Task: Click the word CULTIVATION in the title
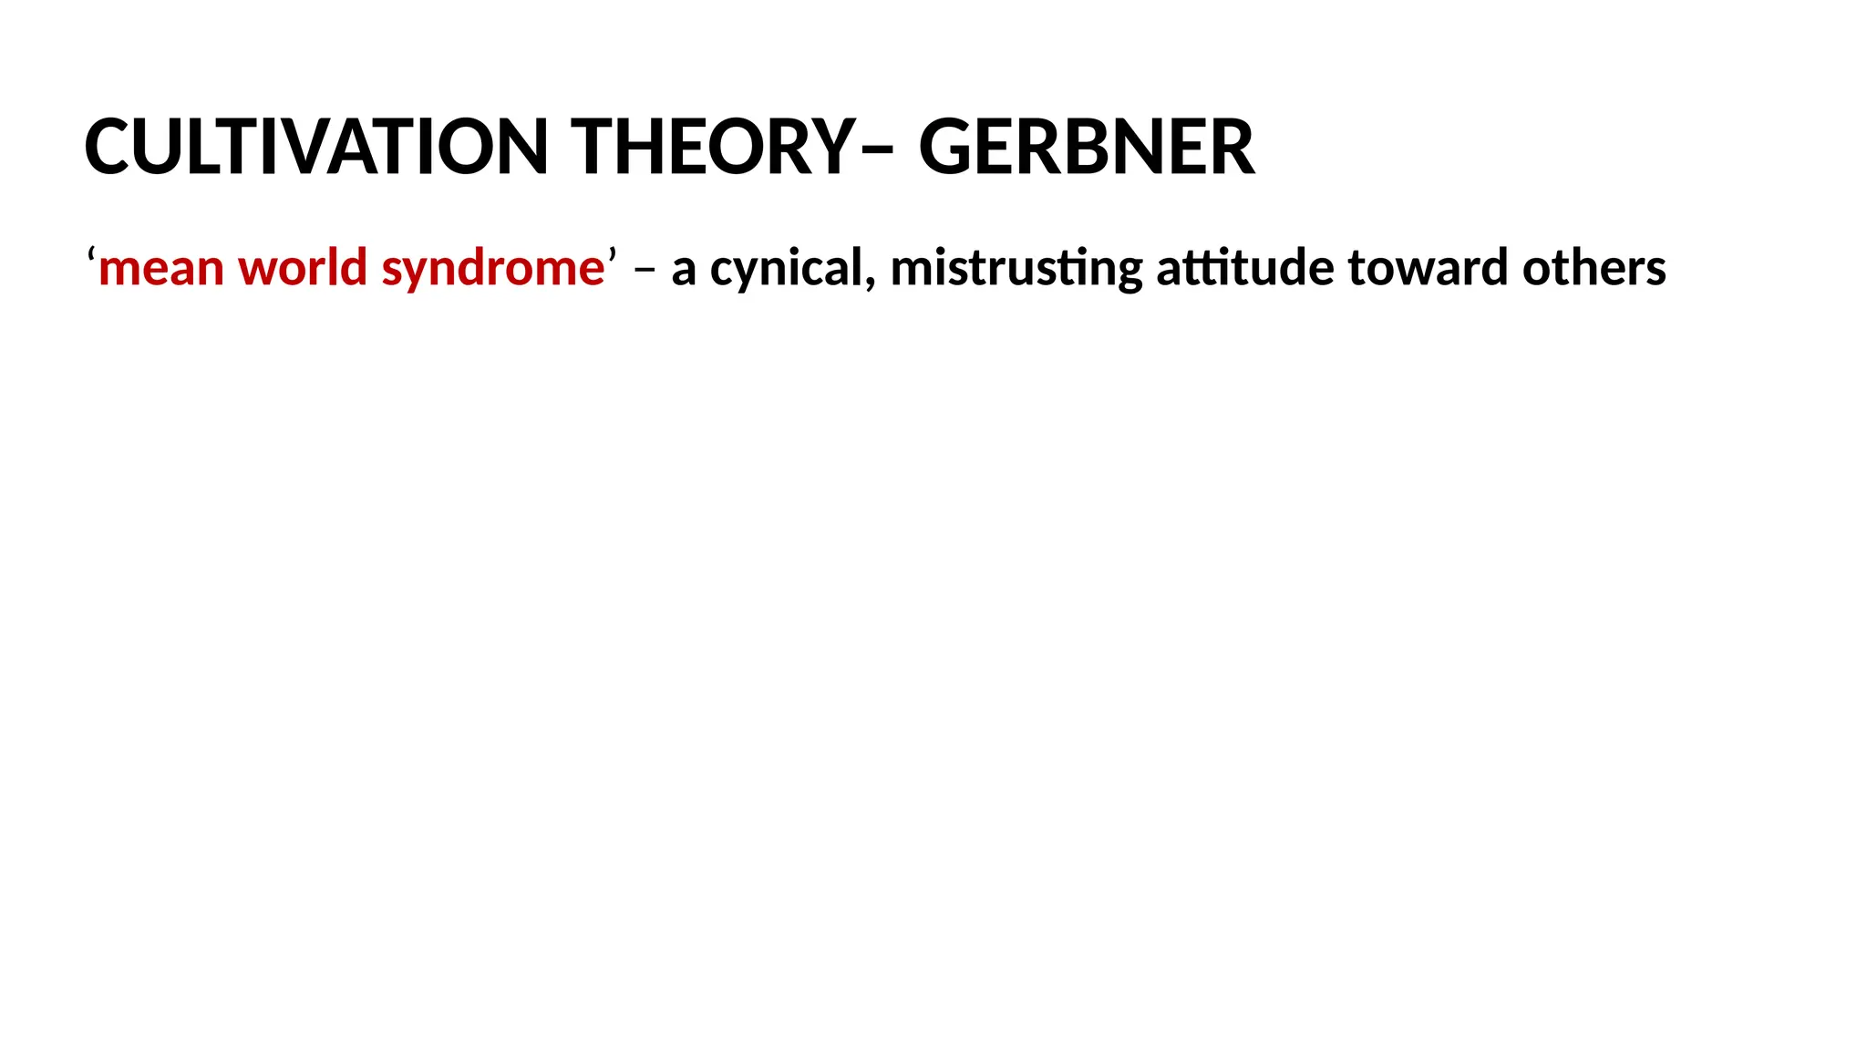pos(315,147)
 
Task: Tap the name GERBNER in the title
pos(1086,147)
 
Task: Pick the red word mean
pos(161,269)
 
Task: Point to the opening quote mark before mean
pos(92,255)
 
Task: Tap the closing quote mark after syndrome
pos(612,255)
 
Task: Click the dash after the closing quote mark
pos(645,271)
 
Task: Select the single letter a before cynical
pos(684,271)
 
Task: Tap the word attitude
pos(1245,268)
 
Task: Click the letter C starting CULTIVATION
pos(112,147)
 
